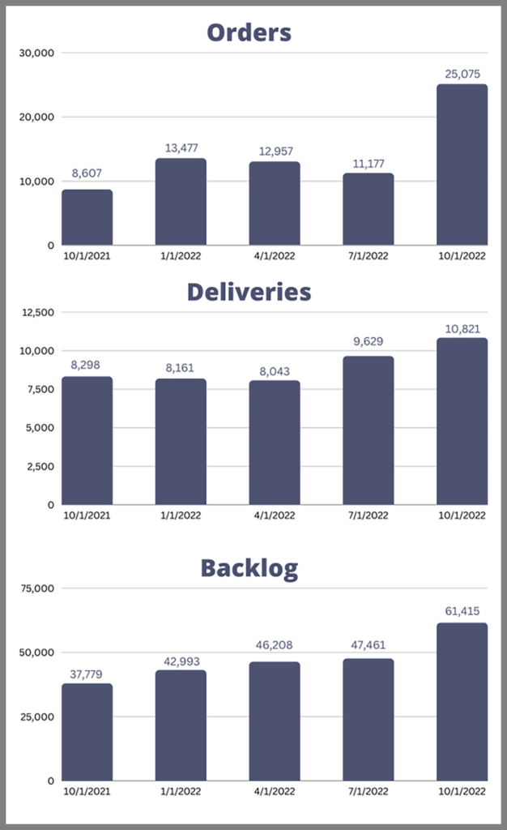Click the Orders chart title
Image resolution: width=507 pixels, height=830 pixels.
pos(249,32)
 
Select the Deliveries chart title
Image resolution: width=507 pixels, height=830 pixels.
pos(249,292)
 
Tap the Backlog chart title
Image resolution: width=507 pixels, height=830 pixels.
pos(249,568)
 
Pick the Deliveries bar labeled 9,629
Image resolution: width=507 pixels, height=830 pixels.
pos(368,430)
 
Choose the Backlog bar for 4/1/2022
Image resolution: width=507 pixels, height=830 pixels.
pos(274,721)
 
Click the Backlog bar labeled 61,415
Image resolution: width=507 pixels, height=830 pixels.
pos(462,702)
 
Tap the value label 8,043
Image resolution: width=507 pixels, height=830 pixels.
pos(274,370)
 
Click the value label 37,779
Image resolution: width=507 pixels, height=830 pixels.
pos(87,674)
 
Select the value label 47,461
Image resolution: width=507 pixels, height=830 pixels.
pos(368,646)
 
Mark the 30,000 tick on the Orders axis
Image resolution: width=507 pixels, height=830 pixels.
pos(36,53)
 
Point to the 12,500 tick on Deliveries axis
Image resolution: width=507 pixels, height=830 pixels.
pos(36,312)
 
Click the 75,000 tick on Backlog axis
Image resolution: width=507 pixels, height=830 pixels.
pos(36,588)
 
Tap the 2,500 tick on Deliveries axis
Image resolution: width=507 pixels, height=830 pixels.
pos(39,466)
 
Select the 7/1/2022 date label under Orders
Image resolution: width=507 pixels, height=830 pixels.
pos(368,256)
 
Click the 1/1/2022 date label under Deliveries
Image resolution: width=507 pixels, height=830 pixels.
pos(181,516)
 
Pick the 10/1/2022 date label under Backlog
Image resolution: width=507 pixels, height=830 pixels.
pos(462,792)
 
